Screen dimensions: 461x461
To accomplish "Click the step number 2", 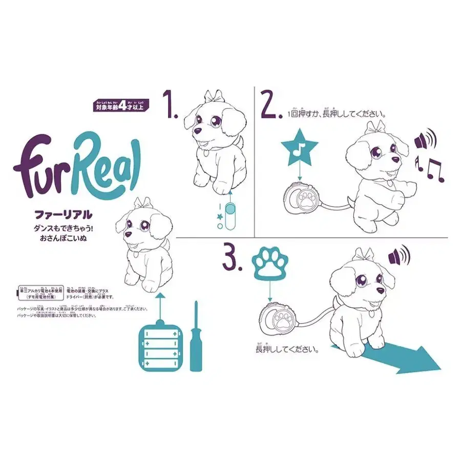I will pyautogui.click(x=270, y=106).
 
